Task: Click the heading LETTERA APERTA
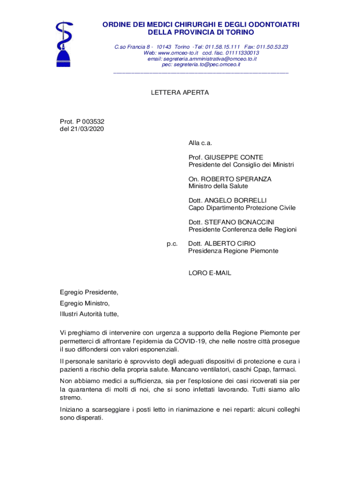pos(180,93)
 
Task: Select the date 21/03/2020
pos(88,129)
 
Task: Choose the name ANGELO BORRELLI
pos(240,200)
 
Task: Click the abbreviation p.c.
pos(172,243)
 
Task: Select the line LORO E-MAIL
pos(209,273)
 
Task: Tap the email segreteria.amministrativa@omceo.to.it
pos(202,59)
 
